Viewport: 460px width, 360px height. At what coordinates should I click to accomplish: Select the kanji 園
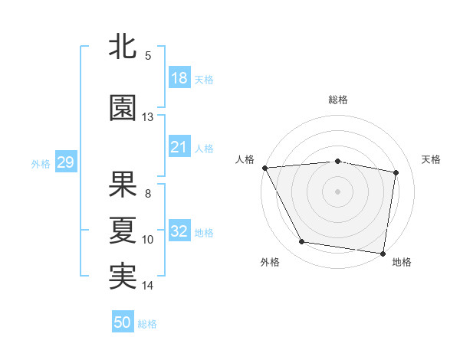(x=123, y=108)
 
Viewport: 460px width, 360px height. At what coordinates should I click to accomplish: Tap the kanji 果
(x=123, y=184)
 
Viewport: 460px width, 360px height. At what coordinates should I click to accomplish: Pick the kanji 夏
(x=123, y=230)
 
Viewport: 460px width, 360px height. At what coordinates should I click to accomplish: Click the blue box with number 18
(x=179, y=78)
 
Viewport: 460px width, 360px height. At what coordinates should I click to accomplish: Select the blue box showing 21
(x=179, y=147)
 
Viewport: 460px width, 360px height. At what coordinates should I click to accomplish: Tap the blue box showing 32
(x=179, y=231)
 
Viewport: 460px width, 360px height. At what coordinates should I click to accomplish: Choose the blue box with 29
(x=65, y=162)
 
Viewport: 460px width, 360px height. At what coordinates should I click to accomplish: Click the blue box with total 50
(x=123, y=322)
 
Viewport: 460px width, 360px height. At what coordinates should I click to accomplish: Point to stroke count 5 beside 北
(x=148, y=56)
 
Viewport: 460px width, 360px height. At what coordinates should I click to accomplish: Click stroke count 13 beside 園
(x=148, y=116)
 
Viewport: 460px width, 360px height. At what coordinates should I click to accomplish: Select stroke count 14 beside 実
(x=148, y=286)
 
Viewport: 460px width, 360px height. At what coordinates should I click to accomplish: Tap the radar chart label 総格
(x=338, y=100)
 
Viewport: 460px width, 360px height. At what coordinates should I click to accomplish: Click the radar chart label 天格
(x=432, y=159)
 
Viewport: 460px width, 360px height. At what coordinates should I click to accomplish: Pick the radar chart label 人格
(x=245, y=159)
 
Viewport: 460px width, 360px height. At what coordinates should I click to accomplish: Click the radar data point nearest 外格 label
(x=302, y=243)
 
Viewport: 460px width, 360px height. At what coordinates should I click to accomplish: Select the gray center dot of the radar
(x=338, y=191)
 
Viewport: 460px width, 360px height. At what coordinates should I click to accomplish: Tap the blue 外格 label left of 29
(x=41, y=163)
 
